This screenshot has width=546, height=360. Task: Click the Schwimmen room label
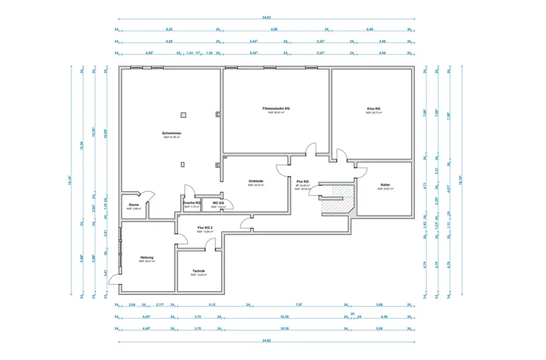[171, 133]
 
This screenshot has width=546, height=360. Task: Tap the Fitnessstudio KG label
[276, 109]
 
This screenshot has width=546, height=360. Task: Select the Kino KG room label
[373, 109]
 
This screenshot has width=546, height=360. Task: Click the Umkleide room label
[256, 181]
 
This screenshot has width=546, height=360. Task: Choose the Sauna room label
[133, 205]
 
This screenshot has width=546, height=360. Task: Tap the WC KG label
[218, 203]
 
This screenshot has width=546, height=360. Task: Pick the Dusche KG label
[192, 203]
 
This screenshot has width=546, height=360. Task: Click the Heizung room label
[147, 257]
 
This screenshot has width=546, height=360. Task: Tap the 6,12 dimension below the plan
[212, 305]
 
